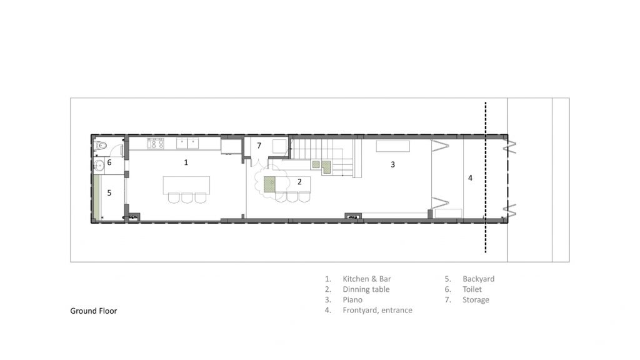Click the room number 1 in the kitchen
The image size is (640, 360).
[186, 162]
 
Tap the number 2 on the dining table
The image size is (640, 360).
[299, 182]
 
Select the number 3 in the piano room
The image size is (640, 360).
[392, 164]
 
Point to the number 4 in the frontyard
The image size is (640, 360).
[470, 178]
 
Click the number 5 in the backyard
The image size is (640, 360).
[109, 192]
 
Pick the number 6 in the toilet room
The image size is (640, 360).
[109, 162]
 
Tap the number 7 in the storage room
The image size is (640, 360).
[259, 145]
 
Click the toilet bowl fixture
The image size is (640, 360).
[101, 145]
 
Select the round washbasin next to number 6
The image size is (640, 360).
[99, 165]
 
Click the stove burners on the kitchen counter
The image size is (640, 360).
[156, 143]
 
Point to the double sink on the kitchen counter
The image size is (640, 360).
[187, 143]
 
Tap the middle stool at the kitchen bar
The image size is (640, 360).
[187, 198]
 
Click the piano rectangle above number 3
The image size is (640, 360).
[392, 146]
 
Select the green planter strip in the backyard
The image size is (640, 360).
[96, 197]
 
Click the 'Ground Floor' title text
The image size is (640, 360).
[94, 311]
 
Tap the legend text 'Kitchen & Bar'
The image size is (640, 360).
[366, 279]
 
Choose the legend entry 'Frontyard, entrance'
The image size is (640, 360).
[377, 310]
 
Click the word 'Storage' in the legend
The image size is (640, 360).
[476, 300]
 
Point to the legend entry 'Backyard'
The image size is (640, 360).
[478, 279]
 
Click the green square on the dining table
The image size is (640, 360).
[269, 184]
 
